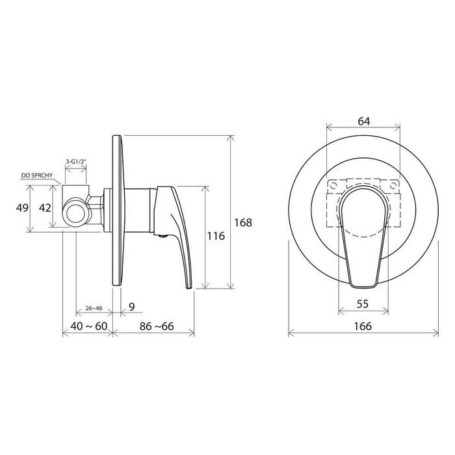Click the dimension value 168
point(243,222)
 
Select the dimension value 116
point(216,236)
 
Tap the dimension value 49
point(22,208)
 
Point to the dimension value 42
point(45,208)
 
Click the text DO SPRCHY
point(37,175)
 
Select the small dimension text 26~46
point(94,308)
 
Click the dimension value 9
point(132,306)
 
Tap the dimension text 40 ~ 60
point(89,326)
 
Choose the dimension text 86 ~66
point(157,326)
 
